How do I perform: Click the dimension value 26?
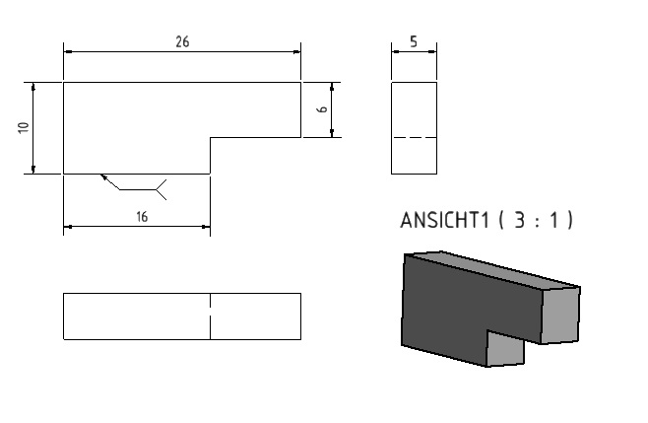[182, 41]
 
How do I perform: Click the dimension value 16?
[142, 217]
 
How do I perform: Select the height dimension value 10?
[24, 127]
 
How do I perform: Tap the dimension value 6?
[322, 109]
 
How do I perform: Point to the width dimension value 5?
[414, 41]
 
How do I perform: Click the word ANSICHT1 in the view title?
[445, 220]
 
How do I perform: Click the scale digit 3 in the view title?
[519, 220]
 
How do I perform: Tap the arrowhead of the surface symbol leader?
[103, 176]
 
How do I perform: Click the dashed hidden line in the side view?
[414, 137]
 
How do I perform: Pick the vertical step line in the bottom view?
[210, 317]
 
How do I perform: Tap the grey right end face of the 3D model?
[560, 315]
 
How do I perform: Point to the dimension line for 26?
[182, 52]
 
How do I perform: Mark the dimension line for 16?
[137, 227]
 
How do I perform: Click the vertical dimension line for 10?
[33, 128]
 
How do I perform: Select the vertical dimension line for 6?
[332, 109]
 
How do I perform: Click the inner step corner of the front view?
[210, 137]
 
